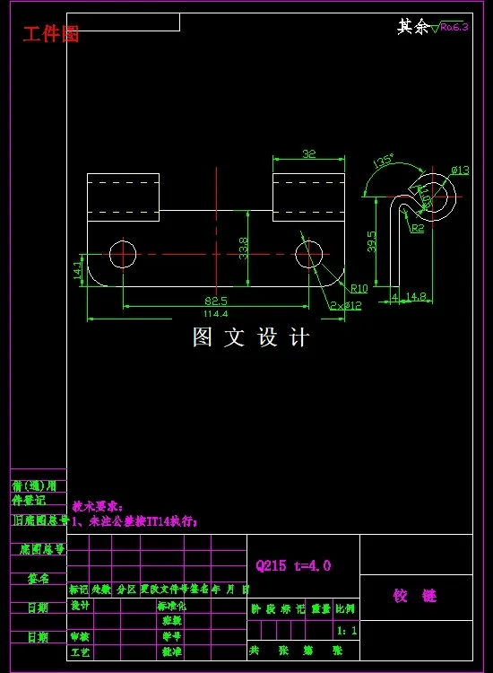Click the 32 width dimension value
[x=308, y=154]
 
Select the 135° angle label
[x=384, y=162]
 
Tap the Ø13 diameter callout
[x=460, y=170]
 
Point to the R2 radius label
[x=418, y=229]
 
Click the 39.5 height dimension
[x=373, y=241]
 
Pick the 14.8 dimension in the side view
[x=416, y=296]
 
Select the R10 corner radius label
[x=359, y=288]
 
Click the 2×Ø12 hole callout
[x=345, y=306]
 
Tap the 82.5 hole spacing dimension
[x=216, y=301]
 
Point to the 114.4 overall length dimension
[x=216, y=315]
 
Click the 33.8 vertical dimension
[x=244, y=247]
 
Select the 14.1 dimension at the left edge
[x=78, y=268]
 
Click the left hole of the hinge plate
[x=123, y=254]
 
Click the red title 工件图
[x=51, y=34]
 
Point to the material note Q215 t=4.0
[x=293, y=565]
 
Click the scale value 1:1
[x=347, y=631]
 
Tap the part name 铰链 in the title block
[x=415, y=595]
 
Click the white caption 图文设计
[x=250, y=337]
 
